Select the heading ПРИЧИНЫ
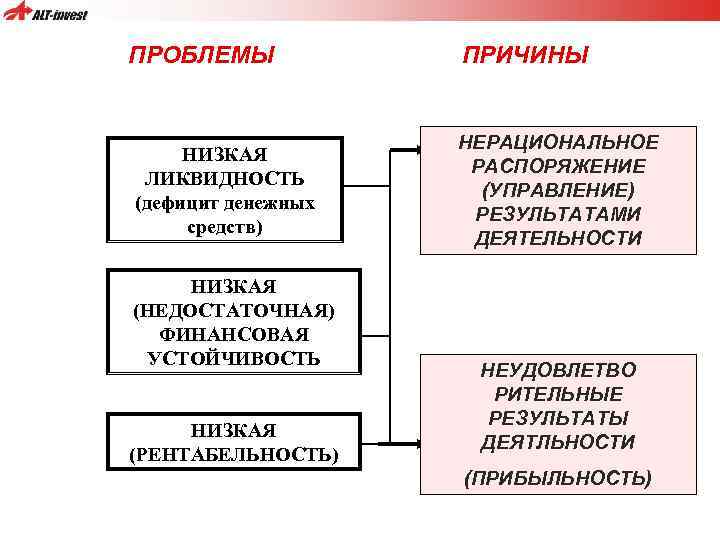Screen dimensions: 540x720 [x=525, y=54]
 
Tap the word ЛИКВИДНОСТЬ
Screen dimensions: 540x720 [x=224, y=179]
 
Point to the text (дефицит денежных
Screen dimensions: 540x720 [x=224, y=203]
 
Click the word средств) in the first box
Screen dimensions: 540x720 [x=224, y=227]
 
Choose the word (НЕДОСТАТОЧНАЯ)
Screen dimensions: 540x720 [x=234, y=310]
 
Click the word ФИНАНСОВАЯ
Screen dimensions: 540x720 [x=234, y=334]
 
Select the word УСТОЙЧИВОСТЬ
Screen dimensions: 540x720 [x=234, y=358]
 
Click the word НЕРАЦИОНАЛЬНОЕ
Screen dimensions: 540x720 [x=559, y=143]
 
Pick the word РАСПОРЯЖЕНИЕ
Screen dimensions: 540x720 [x=559, y=166]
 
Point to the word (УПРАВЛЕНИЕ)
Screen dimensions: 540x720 [x=559, y=190]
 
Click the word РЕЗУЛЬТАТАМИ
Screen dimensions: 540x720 [x=559, y=214]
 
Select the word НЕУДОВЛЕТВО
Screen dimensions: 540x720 [x=558, y=371]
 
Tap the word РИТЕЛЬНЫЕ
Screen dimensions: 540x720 [x=558, y=395]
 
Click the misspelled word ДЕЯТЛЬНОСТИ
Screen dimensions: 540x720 [x=558, y=442]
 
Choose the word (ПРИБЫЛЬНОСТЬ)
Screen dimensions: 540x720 [x=558, y=478]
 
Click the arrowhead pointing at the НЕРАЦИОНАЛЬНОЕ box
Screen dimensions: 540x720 [x=412, y=152]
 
